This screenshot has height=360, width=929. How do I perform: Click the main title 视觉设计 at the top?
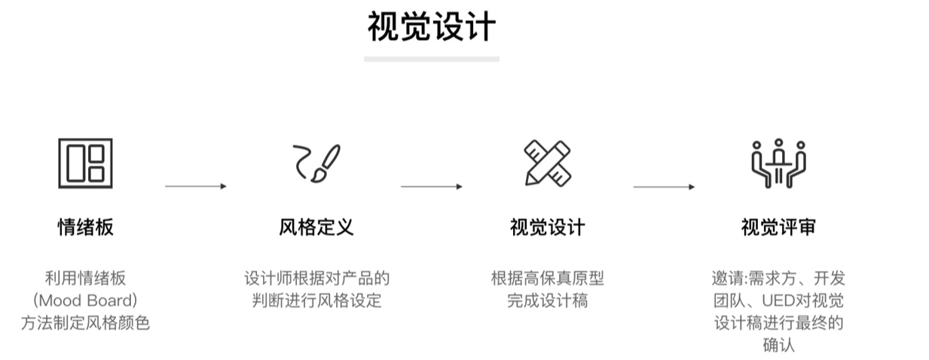click(x=431, y=26)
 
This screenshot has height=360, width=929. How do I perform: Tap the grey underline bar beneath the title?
click(x=431, y=59)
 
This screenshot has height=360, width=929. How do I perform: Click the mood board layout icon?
click(x=85, y=163)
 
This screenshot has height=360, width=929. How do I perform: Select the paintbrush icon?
click(x=325, y=163)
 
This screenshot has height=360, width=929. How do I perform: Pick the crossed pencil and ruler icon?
click(x=548, y=163)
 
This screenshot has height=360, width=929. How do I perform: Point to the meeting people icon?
click(x=778, y=163)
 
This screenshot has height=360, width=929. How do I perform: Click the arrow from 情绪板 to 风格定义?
click(x=196, y=186)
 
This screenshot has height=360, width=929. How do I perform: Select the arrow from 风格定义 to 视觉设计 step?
click(x=431, y=187)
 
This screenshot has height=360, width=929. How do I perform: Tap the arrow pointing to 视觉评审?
click(x=664, y=187)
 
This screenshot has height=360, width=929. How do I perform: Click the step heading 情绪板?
click(x=85, y=227)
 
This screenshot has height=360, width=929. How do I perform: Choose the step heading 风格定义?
click(x=316, y=227)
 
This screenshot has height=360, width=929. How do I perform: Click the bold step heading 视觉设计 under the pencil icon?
click(x=548, y=227)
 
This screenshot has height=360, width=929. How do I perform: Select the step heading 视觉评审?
click(x=778, y=227)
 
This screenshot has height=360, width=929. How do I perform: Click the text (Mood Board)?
click(x=85, y=301)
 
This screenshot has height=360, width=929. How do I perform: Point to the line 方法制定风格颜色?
click(x=85, y=323)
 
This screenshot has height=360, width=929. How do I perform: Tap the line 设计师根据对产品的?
click(x=316, y=279)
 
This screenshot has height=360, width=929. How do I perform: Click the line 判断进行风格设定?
click(x=316, y=301)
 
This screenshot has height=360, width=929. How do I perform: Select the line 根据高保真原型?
click(x=548, y=279)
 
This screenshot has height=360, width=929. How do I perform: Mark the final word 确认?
click(x=778, y=345)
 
